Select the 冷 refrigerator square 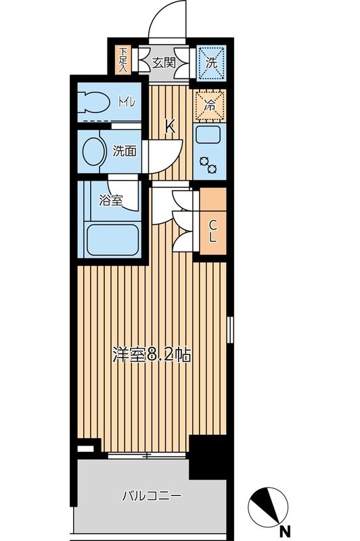pyautogui.click(x=210, y=105)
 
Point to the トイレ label pyautogui.click(x=126, y=103)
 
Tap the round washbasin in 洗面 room pyautogui.click(x=92, y=150)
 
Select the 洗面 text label pyautogui.click(x=125, y=150)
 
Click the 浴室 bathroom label pyautogui.click(x=110, y=201)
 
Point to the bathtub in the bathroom pyautogui.click(x=113, y=240)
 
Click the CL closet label pyautogui.click(x=212, y=231)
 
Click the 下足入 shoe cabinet pyautogui.click(x=123, y=61)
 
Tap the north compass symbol pyautogui.click(x=268, y=504)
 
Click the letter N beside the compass pyautogui.click(x=286, y=530)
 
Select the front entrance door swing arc pyautogui.click(x=166, y=20)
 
